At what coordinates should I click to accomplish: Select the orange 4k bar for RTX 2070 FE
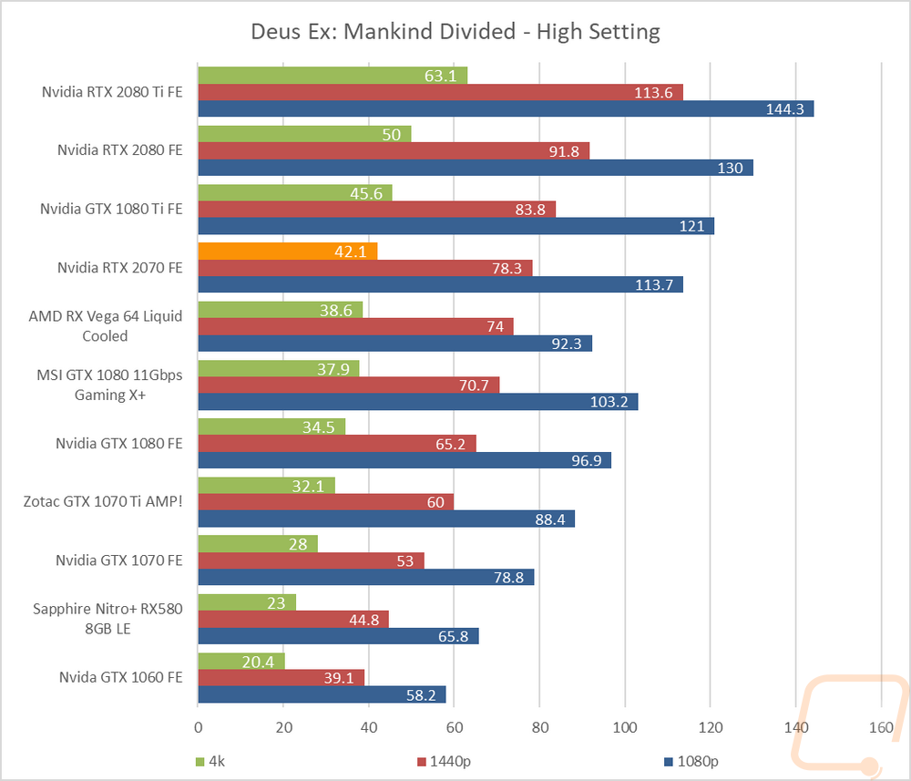click(x=288, y=251)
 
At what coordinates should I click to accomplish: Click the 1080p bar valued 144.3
click(x=506, y=108)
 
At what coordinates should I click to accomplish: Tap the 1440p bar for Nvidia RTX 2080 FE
click(x=394, y=151)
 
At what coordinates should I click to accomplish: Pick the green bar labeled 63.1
click(x=333, y=76)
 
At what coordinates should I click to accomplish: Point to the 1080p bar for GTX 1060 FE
click(x=322, y=694)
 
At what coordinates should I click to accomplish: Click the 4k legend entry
click(x=210, y=761)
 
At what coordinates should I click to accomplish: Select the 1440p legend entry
click(x=444, y=761)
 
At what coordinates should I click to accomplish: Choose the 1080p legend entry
click(x=691, y=761)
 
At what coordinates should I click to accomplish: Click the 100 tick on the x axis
click(x=625, y=727)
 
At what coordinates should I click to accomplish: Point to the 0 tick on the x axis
click(x=198, y=727)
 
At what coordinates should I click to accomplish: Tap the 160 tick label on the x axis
click(x=881, y=727)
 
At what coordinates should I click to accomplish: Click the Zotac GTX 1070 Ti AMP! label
click(x=103, y=501)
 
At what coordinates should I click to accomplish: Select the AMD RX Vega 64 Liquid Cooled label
click(x=105, y=326)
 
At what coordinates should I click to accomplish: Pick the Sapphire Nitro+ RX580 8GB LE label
click(x=107, y=619)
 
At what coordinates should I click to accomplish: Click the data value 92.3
click(x=567, y=344)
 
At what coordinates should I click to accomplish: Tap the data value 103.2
click(x=609, y=402)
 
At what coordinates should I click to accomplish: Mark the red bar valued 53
click(x=311, y=560)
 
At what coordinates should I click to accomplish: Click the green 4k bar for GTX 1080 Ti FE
click(x=295, y=193)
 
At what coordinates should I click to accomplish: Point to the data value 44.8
click(x=364, y=620)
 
